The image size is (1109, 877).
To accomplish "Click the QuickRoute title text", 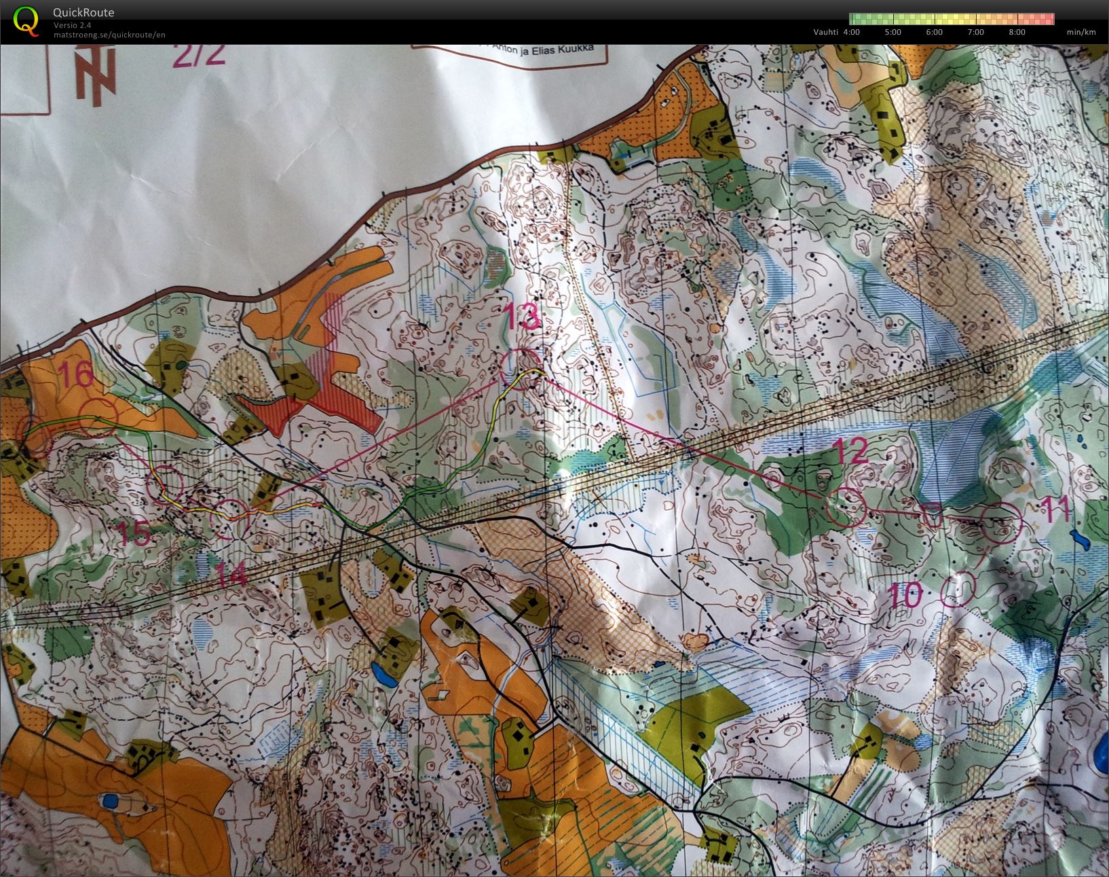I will pos(83,12).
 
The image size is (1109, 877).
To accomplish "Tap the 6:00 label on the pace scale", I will pos(934,32).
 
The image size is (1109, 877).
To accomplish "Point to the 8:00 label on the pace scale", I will pos(1017,32).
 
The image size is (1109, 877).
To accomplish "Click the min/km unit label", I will pos(1080,32).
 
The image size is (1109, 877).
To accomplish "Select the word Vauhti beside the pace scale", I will pos(825,32).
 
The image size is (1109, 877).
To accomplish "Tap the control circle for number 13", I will pos(521,367).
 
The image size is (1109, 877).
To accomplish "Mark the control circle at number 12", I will pos(846,507).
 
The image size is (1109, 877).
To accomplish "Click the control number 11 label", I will pos(1053,507).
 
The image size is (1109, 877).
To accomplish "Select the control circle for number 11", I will pos(1002,522).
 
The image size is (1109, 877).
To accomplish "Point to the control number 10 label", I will pos(905,596).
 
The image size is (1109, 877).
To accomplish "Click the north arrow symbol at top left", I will pos(95,71).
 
